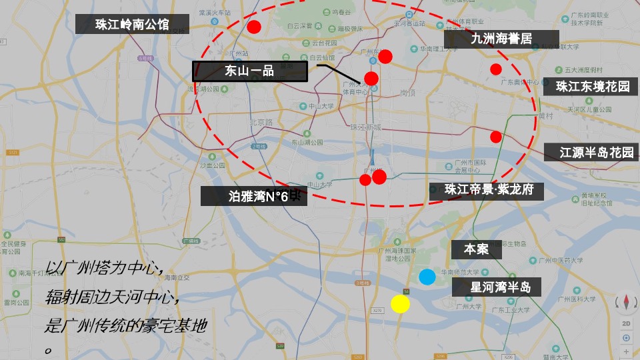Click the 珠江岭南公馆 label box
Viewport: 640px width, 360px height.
click(x=132, y=25)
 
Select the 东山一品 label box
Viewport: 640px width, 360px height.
click(x=250, y=71)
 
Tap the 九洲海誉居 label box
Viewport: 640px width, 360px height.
click(x=501, y=39)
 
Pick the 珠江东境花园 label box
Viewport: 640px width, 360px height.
click(x=593, y=87)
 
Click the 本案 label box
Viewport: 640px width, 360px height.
click(x=476, y=249)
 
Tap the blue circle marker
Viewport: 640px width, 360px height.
click(x=427, y=277)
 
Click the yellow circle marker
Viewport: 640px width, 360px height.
click(x=400, y=304)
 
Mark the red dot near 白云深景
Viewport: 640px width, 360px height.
click(x=254, y=27)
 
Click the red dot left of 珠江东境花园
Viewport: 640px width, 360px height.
click(x=495, y=69)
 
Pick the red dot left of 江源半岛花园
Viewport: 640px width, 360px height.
click(x=495, y=137)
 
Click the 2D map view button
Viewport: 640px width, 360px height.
click(x=626, y=324)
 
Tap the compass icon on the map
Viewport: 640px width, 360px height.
click(x=626, y=303)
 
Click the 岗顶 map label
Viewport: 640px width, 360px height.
click(x=409, y=93)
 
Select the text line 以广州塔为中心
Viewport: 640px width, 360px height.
click(x=105, y=267)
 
